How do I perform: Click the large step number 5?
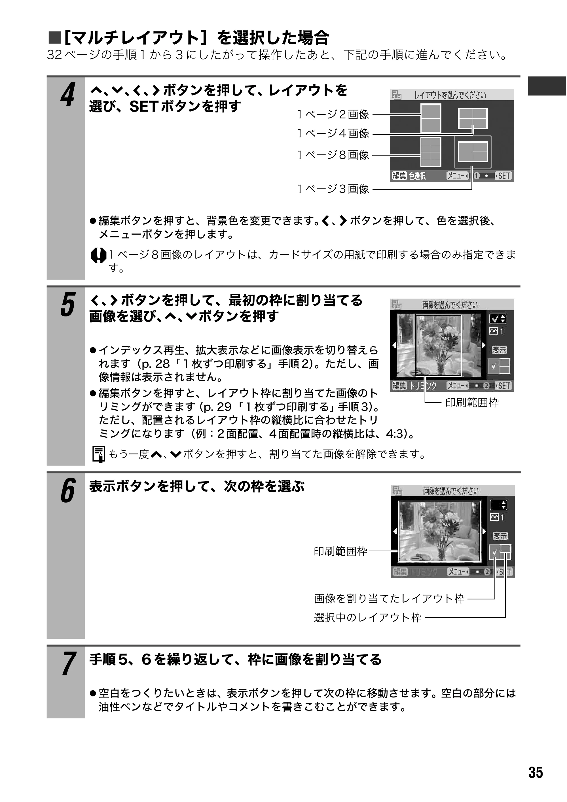tap(68, 305)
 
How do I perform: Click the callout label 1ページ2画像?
tap(333, 114)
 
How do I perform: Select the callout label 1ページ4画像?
tap(333, 133)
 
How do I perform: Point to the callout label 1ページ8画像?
tap(333, 155)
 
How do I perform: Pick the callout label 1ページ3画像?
tap(333, 189)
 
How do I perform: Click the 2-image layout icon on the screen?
tap(431, 119)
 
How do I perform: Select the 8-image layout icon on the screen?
tap(431, 152)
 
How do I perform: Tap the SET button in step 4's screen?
tap(503, 176)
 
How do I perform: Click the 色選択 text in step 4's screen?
tap(417, 176)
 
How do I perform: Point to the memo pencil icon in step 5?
tap(99, 454)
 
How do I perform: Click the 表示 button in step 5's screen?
tap(499, 350)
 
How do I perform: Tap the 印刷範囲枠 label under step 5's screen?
tap(472, 403)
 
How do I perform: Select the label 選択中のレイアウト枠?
tap(368, 618)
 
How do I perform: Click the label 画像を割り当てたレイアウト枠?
tap(390, 598)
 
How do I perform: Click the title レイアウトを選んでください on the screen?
tap(450, 95)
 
